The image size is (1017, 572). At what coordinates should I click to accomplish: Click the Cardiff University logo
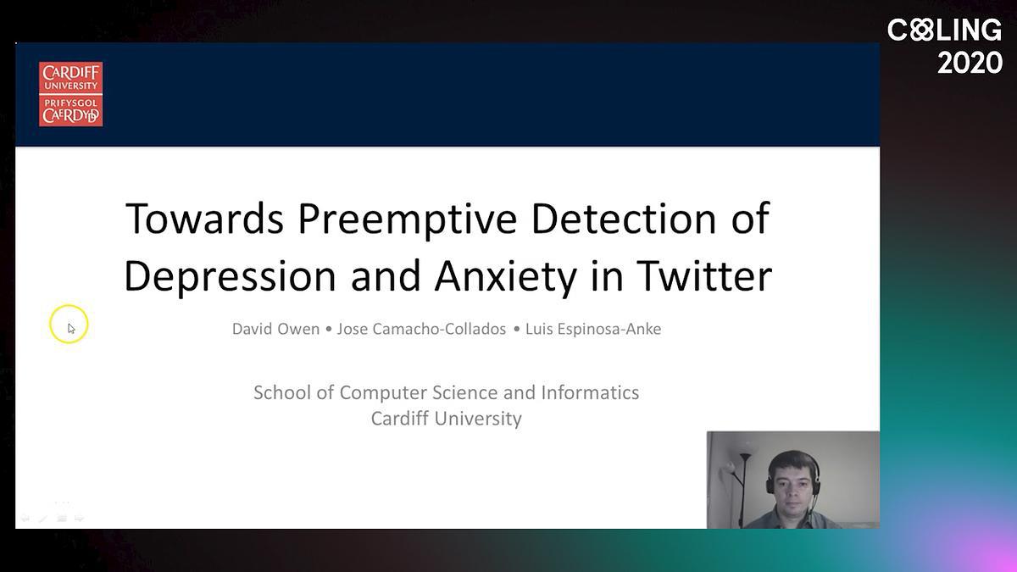(x=71, y=94)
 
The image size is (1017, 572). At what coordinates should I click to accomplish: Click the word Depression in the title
(x=230, y=277)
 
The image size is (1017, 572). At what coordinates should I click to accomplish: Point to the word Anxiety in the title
(x=506, y=277)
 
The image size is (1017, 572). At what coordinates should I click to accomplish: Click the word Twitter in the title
(x=704, y=275)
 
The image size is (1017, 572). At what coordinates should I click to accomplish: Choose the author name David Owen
(x=275, y=329)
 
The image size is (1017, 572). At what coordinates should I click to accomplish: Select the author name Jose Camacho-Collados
(x=421, y=329)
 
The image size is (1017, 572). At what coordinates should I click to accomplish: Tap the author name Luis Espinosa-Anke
(x=593, y=329)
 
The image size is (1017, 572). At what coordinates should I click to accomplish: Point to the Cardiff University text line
(x=447, y=419)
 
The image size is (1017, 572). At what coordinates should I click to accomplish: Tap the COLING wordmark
(x=944, y=30)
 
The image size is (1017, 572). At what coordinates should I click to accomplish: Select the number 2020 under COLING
(x=970, y=63)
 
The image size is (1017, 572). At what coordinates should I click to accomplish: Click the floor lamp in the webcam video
(x=743, y=488)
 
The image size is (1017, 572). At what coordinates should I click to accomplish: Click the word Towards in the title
(x=204, y=219)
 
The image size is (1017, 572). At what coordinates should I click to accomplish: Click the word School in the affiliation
(x=282, y=392)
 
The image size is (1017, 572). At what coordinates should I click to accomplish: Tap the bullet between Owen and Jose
(x=328, y=329)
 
